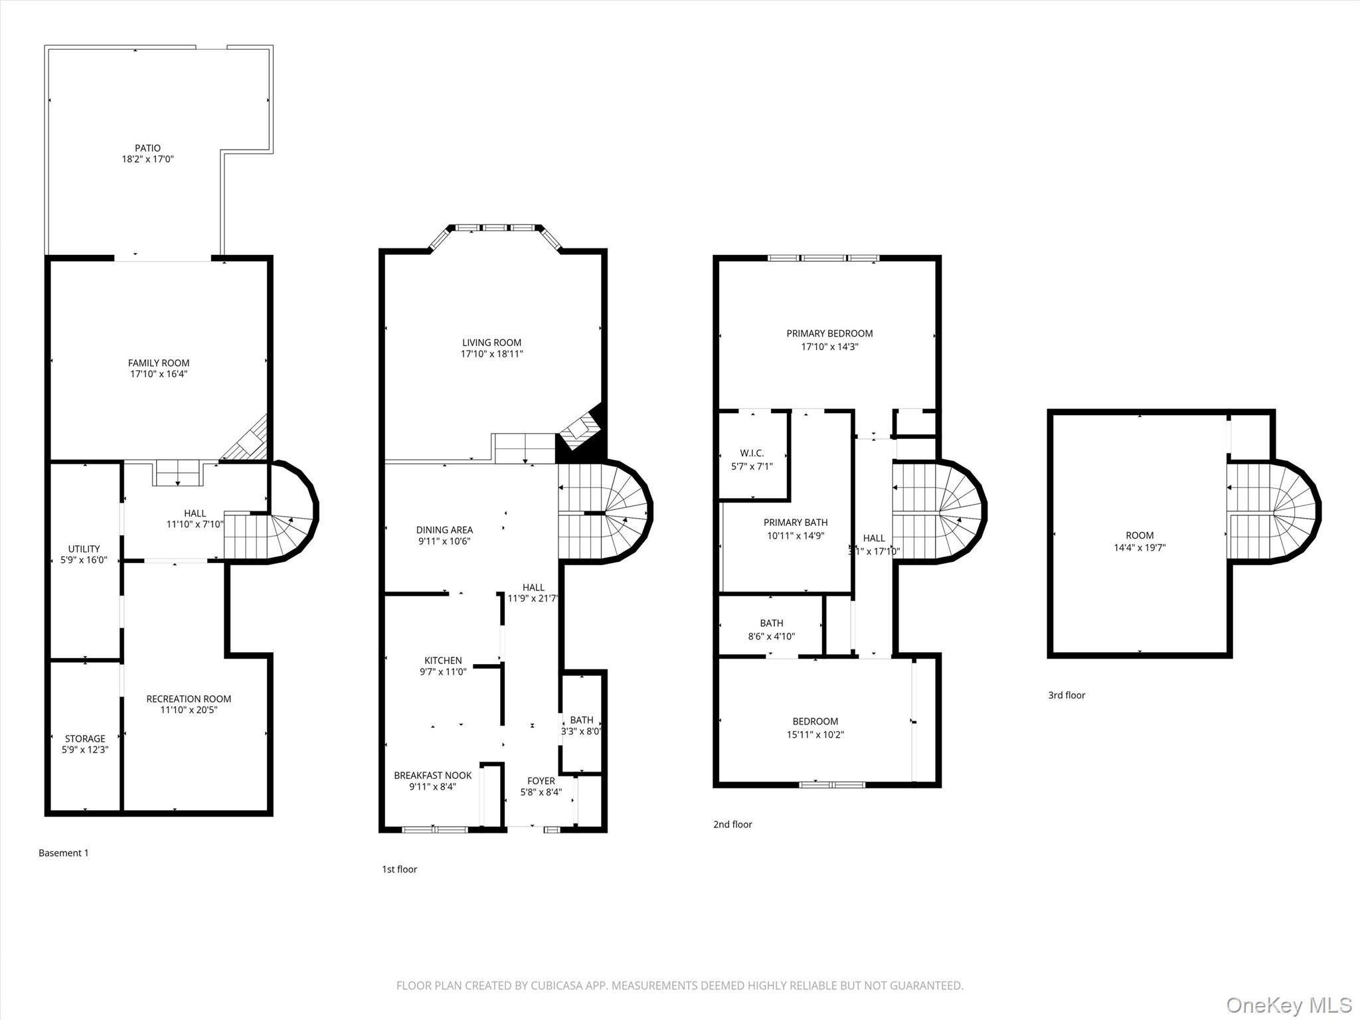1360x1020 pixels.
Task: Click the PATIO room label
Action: click(147, 148)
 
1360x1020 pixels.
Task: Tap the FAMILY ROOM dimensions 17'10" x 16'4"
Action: click(159, 374)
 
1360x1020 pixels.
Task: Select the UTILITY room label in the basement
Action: click(84, 549)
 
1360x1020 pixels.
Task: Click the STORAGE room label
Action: click(84, 738)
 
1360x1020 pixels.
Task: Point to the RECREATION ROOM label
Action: click(189, 699)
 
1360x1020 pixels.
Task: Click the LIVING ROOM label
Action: click(491, 343)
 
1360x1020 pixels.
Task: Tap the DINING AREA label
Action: click(444, 530)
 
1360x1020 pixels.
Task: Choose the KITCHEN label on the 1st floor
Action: click(443, 660)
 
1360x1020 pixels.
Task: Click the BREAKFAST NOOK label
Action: click(432, 775)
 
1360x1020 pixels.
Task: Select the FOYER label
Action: click(541, 781)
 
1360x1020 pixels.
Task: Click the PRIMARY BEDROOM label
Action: click(829, 333)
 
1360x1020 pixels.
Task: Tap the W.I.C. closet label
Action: click(752, 453)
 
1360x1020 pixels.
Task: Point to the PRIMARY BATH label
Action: click(795, 523)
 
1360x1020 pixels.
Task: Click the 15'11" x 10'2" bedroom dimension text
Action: click(815, 734)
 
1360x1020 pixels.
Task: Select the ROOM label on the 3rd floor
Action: click(1140, 535)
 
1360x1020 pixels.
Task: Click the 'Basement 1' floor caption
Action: click(63, 853)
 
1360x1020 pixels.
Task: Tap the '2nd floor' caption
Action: click(732, 824)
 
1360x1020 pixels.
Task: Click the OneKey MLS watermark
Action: click(1288, 1004)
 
